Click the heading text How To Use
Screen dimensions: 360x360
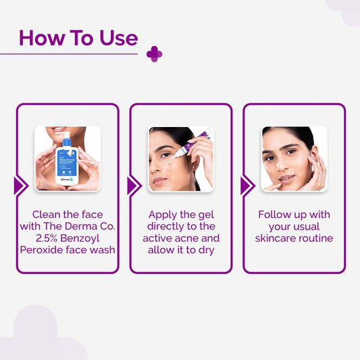click(x=78, y=38)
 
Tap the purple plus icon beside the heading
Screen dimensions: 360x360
click(x=154, y=54)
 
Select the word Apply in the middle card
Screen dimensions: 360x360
click(x=159, y=214)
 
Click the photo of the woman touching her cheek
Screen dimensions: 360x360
click(x=294, y=159)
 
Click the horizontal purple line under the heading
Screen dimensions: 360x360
click(x=68, y=54)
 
